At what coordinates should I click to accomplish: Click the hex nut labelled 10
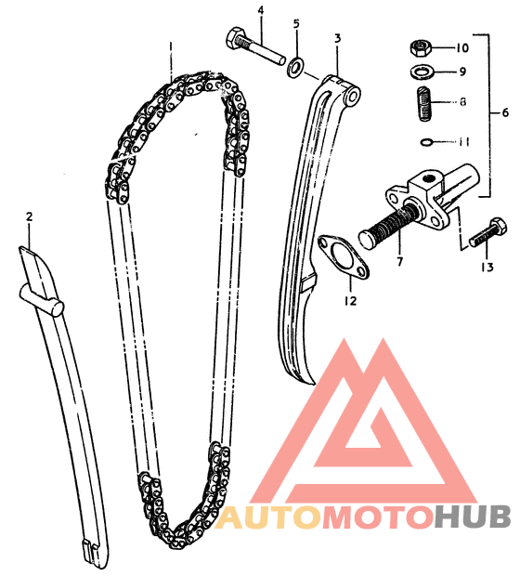point(420,48)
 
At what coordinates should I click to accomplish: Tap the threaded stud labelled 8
point(425,103)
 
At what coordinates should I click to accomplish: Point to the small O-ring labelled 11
point(426,142)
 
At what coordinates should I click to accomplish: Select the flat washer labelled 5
point(295,67)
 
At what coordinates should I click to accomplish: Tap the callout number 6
point(505,112)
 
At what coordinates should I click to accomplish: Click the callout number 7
point(399,262)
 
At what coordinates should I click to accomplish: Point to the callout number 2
point(30,216)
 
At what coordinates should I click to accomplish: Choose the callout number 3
point(337,38)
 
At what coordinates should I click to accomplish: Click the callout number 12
point(351,301)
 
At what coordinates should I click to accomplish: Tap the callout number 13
point(487,267)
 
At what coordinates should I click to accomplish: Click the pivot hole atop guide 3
point(354,97)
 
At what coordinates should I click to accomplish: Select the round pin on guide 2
point(41,300)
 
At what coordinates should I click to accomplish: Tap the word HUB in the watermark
point(473,517)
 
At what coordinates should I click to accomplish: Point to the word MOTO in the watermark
point(377,517)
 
